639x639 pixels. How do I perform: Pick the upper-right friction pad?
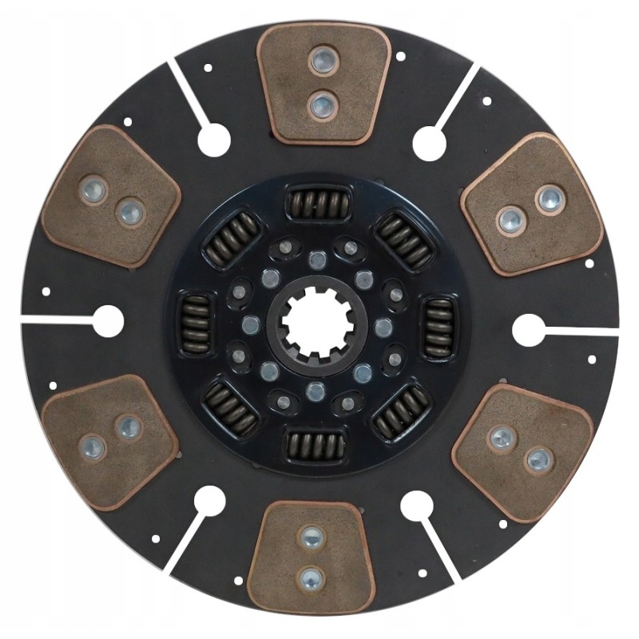531,204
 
